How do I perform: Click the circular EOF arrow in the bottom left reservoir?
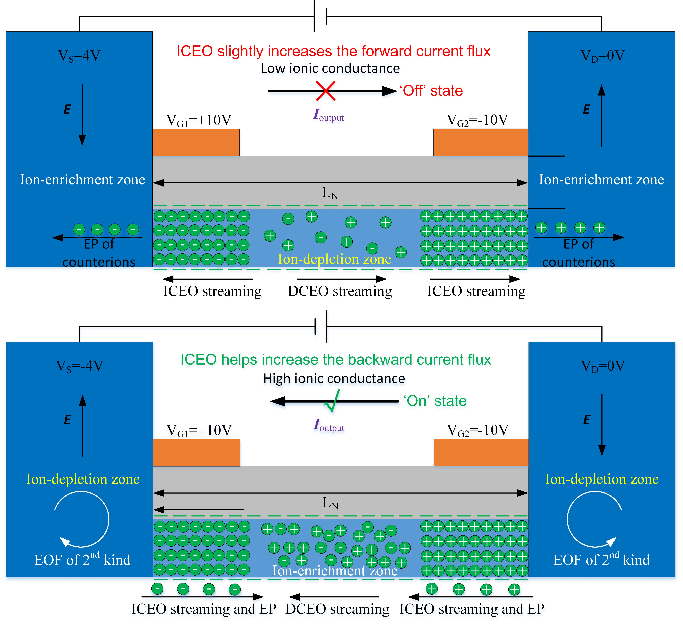point(82,519)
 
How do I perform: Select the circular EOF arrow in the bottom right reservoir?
point(594,519)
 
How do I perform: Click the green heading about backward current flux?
point(336,360)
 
